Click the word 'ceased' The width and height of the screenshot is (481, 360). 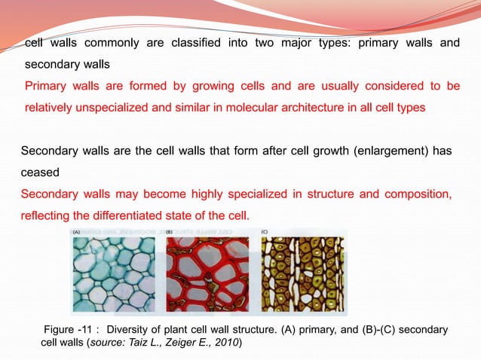(x=39, y=172)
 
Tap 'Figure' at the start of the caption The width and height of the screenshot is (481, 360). (x=62, y=330)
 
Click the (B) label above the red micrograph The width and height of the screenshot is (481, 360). (x=170, y=233)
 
